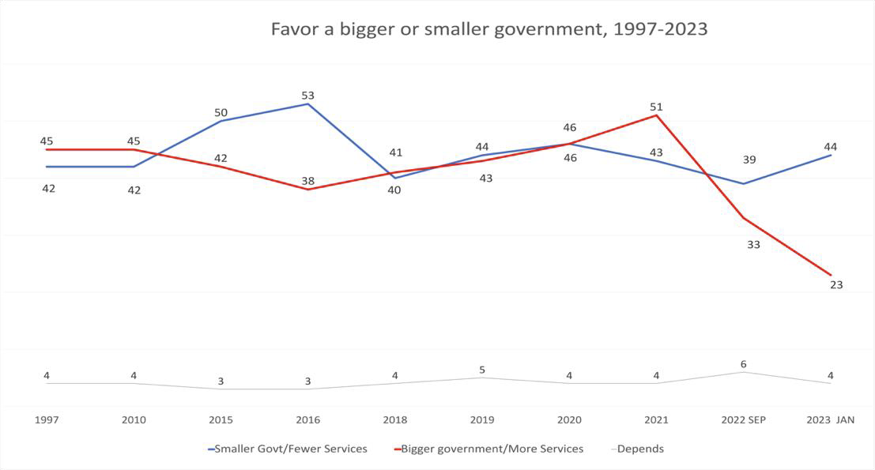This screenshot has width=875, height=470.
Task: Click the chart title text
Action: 488,30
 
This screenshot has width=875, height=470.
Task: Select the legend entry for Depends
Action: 639,449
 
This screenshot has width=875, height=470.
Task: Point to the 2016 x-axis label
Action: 307,419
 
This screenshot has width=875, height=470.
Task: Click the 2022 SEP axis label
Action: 743,419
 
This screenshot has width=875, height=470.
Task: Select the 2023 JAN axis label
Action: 830,419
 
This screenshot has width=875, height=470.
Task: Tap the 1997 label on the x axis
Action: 47,419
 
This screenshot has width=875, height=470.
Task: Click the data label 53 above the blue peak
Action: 307,96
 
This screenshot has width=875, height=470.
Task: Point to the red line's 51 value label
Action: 656,107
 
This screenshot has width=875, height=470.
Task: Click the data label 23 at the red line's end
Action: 836,285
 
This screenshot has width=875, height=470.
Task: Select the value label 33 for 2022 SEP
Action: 753,245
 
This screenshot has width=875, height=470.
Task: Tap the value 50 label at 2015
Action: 221,113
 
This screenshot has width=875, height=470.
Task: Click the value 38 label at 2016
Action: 307,181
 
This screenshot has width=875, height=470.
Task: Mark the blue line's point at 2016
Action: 307,104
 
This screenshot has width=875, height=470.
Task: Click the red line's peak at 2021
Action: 656,115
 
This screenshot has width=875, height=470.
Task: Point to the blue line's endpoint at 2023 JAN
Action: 830,156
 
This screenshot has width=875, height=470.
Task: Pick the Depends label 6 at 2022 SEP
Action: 743,364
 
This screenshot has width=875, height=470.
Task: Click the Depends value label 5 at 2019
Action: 482,370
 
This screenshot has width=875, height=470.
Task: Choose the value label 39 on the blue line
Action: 749,160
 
